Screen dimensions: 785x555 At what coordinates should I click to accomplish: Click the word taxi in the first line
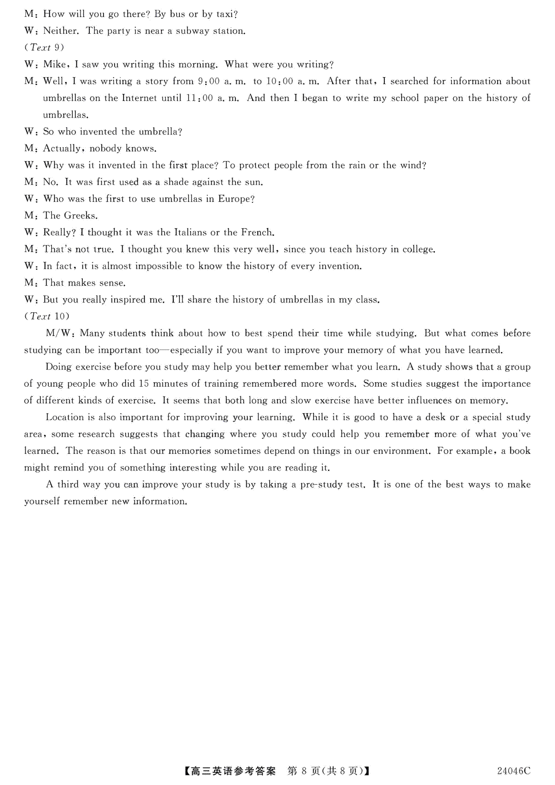(227, 14)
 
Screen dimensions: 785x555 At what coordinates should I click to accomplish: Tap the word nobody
(105, 148)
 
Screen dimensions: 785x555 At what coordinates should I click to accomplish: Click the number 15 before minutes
(144, 383)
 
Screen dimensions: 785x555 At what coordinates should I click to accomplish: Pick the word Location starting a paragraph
(65, 417)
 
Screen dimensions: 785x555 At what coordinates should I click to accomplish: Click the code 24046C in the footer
(513, 771)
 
